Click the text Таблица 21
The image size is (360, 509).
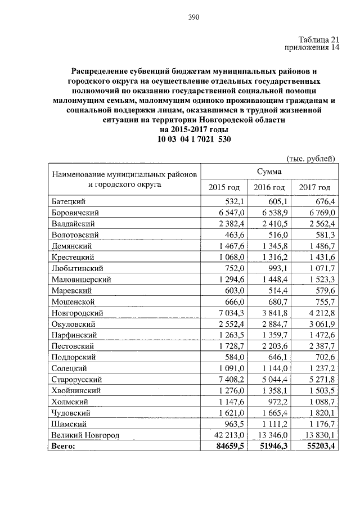(x=319, y=39)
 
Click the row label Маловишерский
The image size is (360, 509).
(x=81, y=280)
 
